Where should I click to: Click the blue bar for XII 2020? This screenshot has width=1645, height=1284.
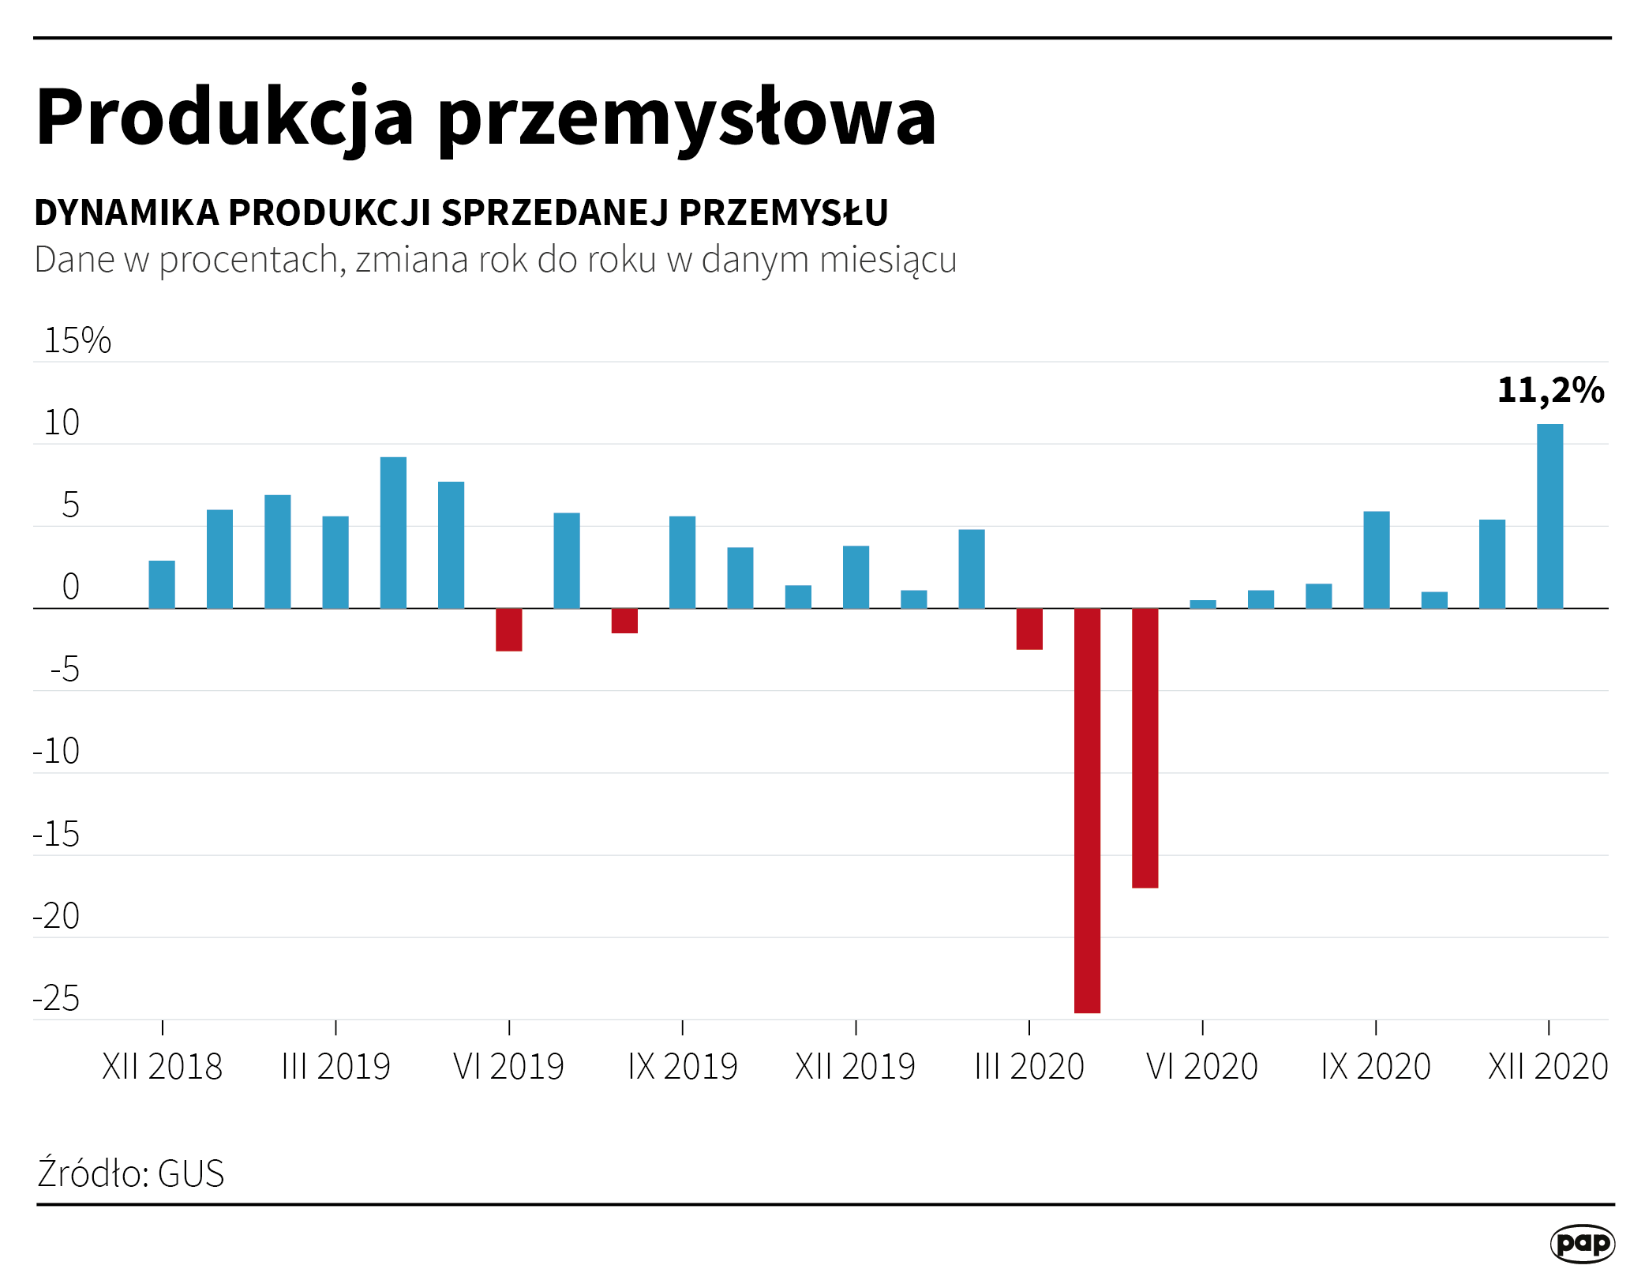pyautogui.click(x=1549, y=516)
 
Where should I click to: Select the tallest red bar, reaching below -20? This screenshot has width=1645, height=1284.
pyautogui.click(x=1087, y=809)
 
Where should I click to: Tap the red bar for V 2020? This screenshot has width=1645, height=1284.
pyautogui.click(x=1145, y=748)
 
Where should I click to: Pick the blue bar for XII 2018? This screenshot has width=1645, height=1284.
pyautogui.click(x=162, y=584)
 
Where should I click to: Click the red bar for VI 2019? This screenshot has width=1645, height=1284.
pyautogui.click(x=508, y=629)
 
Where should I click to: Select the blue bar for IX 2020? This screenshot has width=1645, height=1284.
pyautogui.click(x=1376, y=560)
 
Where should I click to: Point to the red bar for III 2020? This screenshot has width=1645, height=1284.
pyautogui.click(x=1029, y=629)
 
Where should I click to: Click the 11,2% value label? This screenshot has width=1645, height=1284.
pyautogui.click(x=1550, y=390)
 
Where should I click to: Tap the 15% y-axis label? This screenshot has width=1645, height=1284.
pyautogui.click(x=77, y=340)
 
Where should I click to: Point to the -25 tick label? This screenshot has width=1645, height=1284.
pyautogui.click(x=57, y=999)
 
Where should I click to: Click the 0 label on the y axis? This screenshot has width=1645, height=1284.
pyautogui.click(x=70, y=588)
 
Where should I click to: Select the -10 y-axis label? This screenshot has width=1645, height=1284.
pyautogui.click(x=57, y=752)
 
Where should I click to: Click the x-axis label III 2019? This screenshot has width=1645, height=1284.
pyautogui.click(x=335, y=1067)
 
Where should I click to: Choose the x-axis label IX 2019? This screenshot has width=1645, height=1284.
pyautogui.click(x=682, y=1067)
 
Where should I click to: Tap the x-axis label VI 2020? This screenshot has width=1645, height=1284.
pyautogui.click(x=1201, y=1067)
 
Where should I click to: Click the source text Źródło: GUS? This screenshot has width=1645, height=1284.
pyautogui.click(x=131, y=1173)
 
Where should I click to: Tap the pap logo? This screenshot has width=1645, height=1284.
pyautogui.click(x=1582, y=1244)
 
